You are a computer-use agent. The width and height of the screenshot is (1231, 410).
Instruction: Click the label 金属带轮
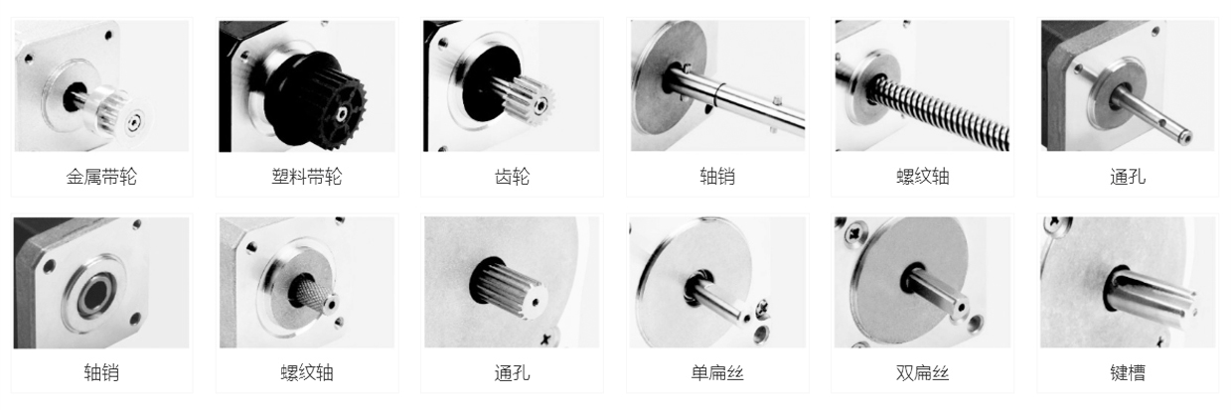[x=101, y=178]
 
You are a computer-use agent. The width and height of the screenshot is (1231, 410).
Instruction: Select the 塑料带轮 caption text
[x=306, y=178]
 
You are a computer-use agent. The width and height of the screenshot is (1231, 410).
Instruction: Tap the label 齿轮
[x=511, y=178]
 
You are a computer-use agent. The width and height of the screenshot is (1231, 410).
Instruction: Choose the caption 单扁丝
[x=716, y=373]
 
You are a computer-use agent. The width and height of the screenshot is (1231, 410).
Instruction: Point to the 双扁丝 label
[x=922, y=373]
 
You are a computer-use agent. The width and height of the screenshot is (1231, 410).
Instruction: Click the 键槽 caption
[x=1127, y=373]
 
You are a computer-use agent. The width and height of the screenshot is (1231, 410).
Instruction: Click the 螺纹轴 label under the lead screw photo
[x=922, y=178]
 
